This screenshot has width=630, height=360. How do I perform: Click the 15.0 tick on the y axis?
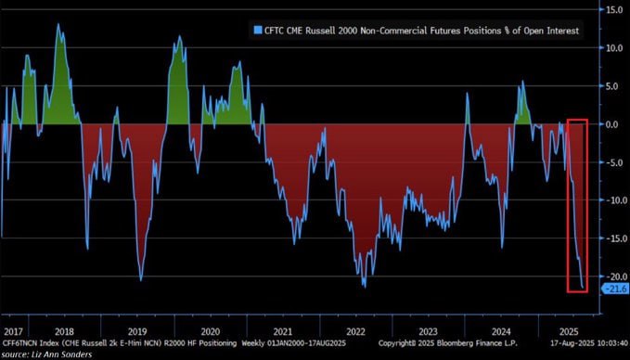click(x=614, y=10)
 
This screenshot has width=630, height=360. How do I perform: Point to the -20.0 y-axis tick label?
click(x=612, y=276)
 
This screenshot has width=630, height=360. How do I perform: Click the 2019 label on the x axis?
click(x=137, y=331)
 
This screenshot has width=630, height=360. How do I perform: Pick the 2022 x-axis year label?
click(x=356, y=331)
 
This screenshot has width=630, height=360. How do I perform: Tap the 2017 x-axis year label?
click(x=13, y=331)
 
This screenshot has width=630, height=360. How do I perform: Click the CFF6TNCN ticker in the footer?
click(x=20, y=342)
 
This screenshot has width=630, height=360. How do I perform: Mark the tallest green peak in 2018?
click(x=58, y=25)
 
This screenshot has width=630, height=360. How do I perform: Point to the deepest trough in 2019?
click(x=141, y=279)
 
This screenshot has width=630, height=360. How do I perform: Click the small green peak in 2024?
click(x=522, y=83)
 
